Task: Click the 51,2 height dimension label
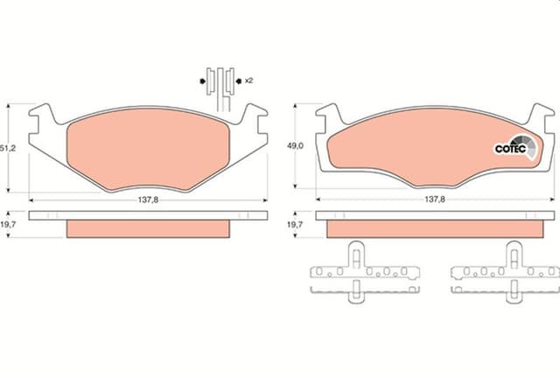[x=8, y=148]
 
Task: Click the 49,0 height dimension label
[x=296, y=145]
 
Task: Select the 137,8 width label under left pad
[x=148, y=200]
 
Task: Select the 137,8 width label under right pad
[x=435, y=200]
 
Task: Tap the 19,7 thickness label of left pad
[x=8, y=224]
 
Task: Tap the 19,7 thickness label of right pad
[x=296, y=224]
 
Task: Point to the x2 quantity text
[x=248, y=81]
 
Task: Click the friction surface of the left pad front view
[x=148, y=150]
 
